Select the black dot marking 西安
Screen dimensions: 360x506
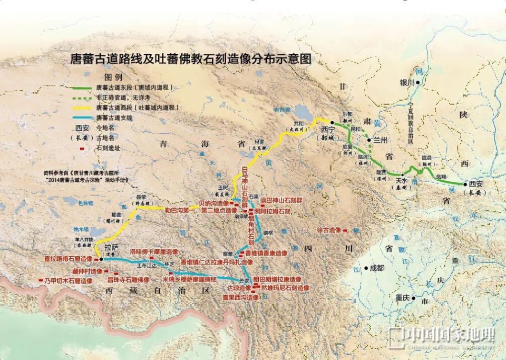pos(465,184)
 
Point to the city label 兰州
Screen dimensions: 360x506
pos(380,140)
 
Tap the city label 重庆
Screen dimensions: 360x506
pos(403,298)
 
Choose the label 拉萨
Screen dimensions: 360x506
pos(112,247)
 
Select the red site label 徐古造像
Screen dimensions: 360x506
pos(329,230)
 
